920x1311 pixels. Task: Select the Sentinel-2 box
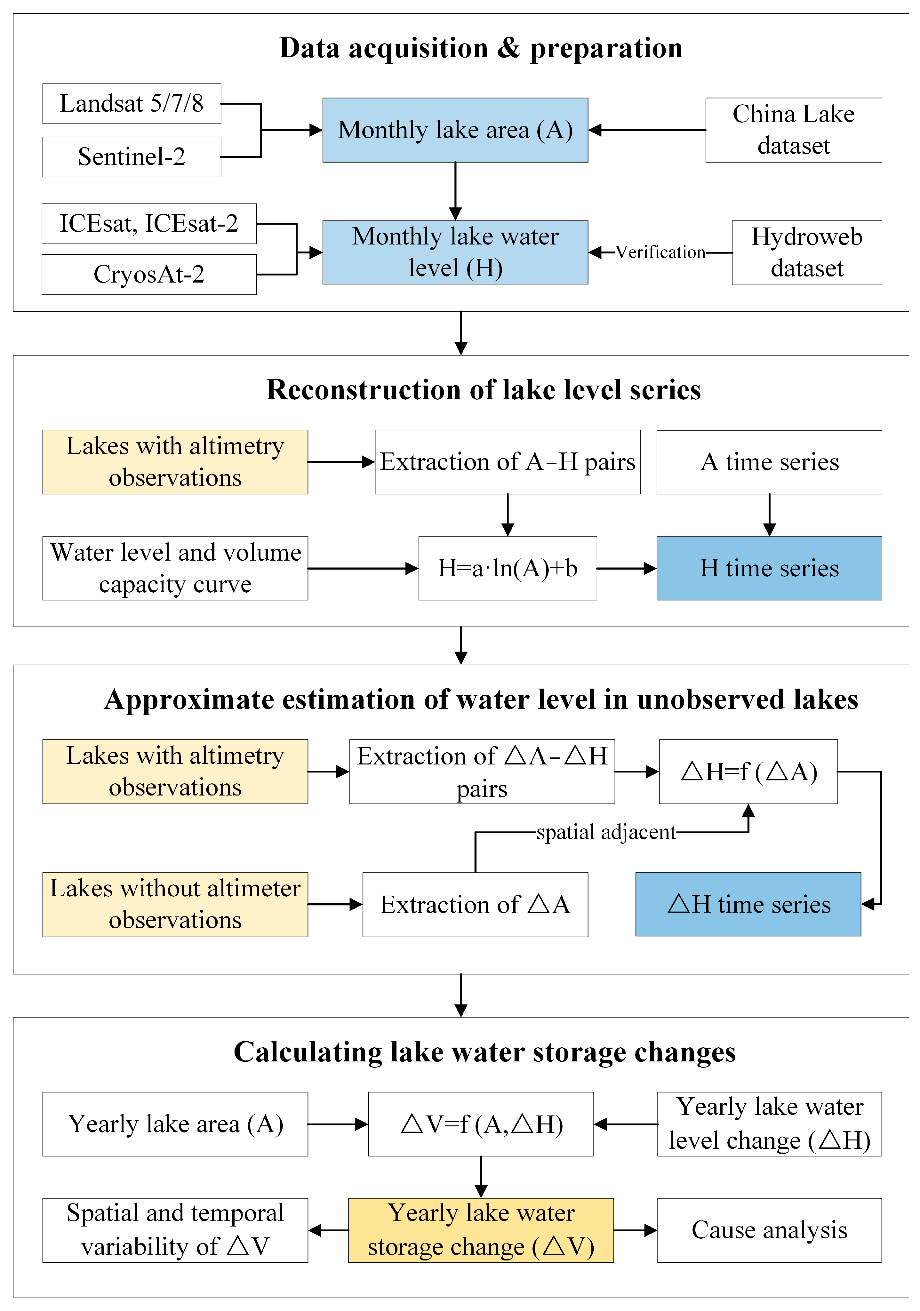(131, 157)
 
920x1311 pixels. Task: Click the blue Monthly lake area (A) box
(455, 130)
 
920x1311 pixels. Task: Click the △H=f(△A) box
(748, 771)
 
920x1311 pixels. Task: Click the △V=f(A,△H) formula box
(481, 1124)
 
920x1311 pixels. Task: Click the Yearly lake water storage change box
(481, 1230)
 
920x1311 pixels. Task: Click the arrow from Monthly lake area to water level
(455, 191)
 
